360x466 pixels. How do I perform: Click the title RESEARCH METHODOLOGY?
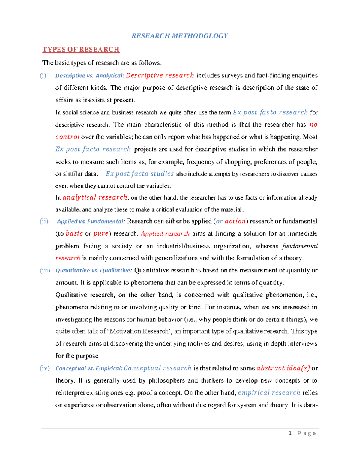(179, 36)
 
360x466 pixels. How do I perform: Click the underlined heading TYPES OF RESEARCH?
(81, 50)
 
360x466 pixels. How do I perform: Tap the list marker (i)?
(43, 75)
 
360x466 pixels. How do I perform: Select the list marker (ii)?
(44, 221)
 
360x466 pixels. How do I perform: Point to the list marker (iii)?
(45, 270)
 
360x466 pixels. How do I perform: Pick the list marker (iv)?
(45, 368)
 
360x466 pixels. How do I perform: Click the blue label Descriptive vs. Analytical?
(89, 76)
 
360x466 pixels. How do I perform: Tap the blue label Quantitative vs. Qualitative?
(93, 271)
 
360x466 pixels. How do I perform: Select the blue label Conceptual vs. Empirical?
(89, 368)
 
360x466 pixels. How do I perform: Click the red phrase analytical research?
(95, 197)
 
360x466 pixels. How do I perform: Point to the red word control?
(67, 137)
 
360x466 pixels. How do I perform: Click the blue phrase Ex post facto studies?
(140, 174)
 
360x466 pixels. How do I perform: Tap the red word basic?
(74, 233)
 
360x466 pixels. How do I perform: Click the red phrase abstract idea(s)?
(283, 368)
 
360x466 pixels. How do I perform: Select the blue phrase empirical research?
(269, 393)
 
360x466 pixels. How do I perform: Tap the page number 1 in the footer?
(290, 433)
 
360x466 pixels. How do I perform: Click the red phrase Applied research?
(165, 233)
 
